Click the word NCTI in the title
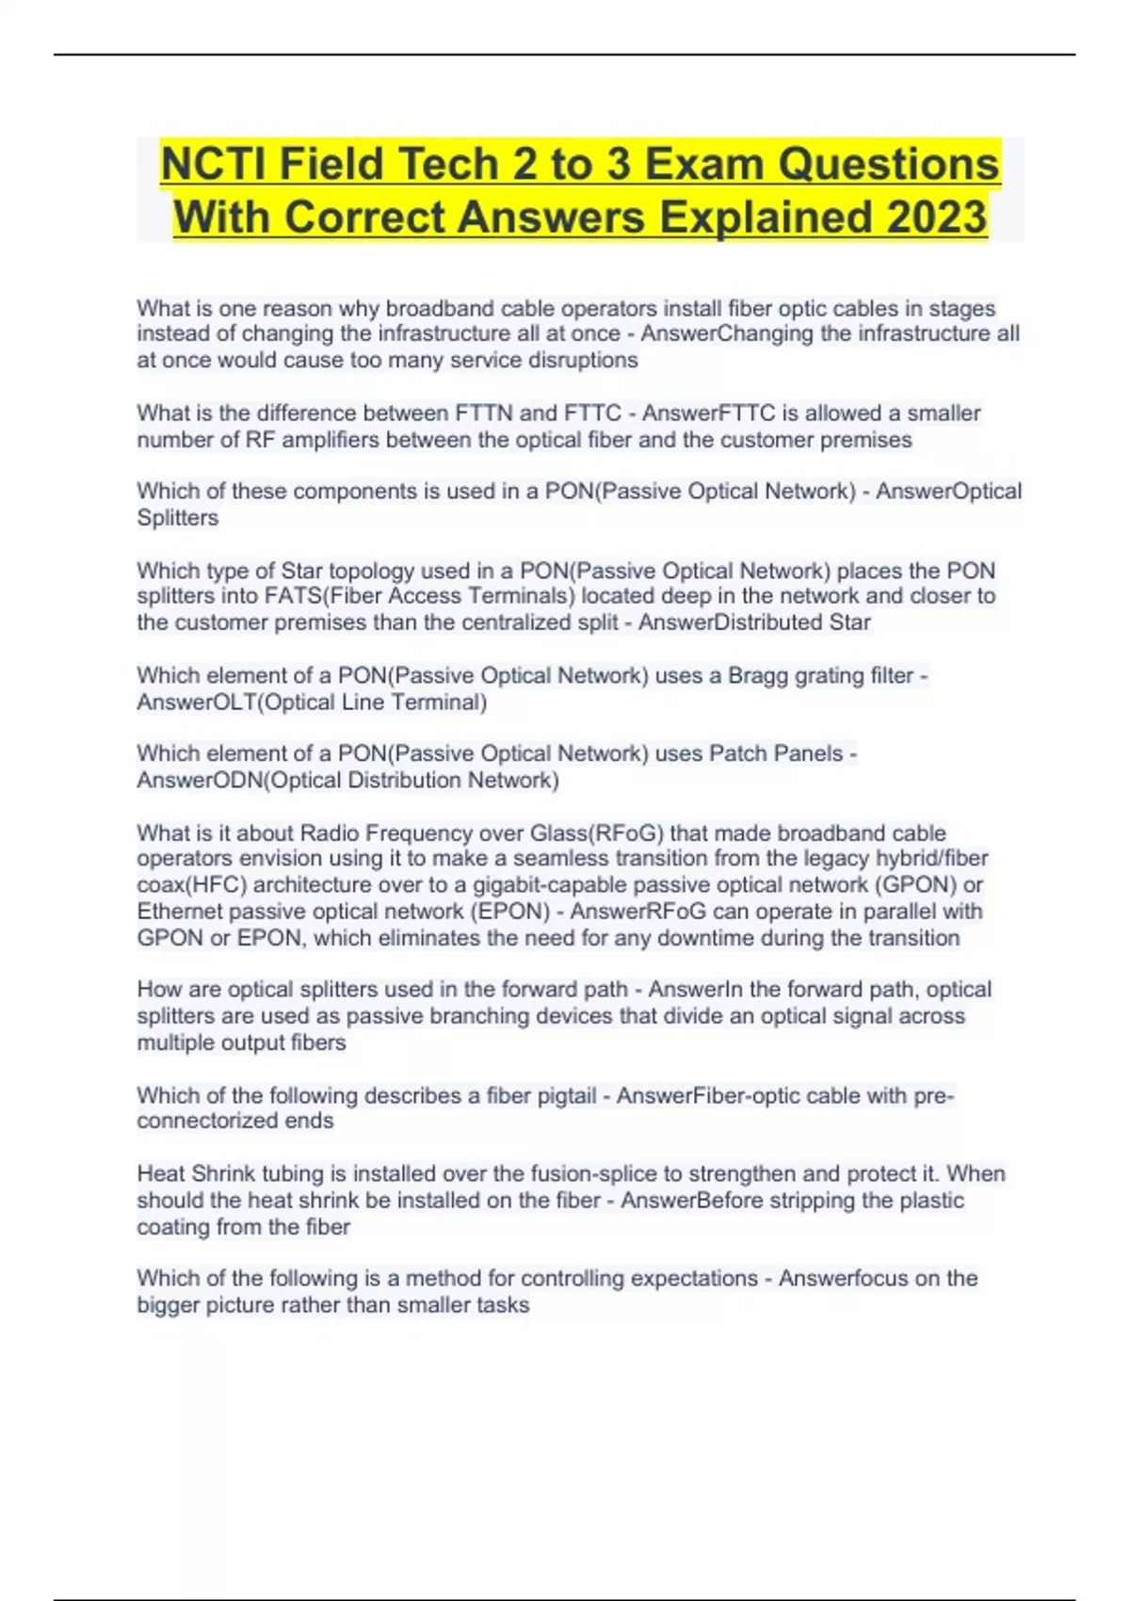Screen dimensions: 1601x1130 tap(212, 164)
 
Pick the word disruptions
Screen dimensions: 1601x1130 tap(582, 360)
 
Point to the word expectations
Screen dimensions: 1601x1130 tap(696, 1278)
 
